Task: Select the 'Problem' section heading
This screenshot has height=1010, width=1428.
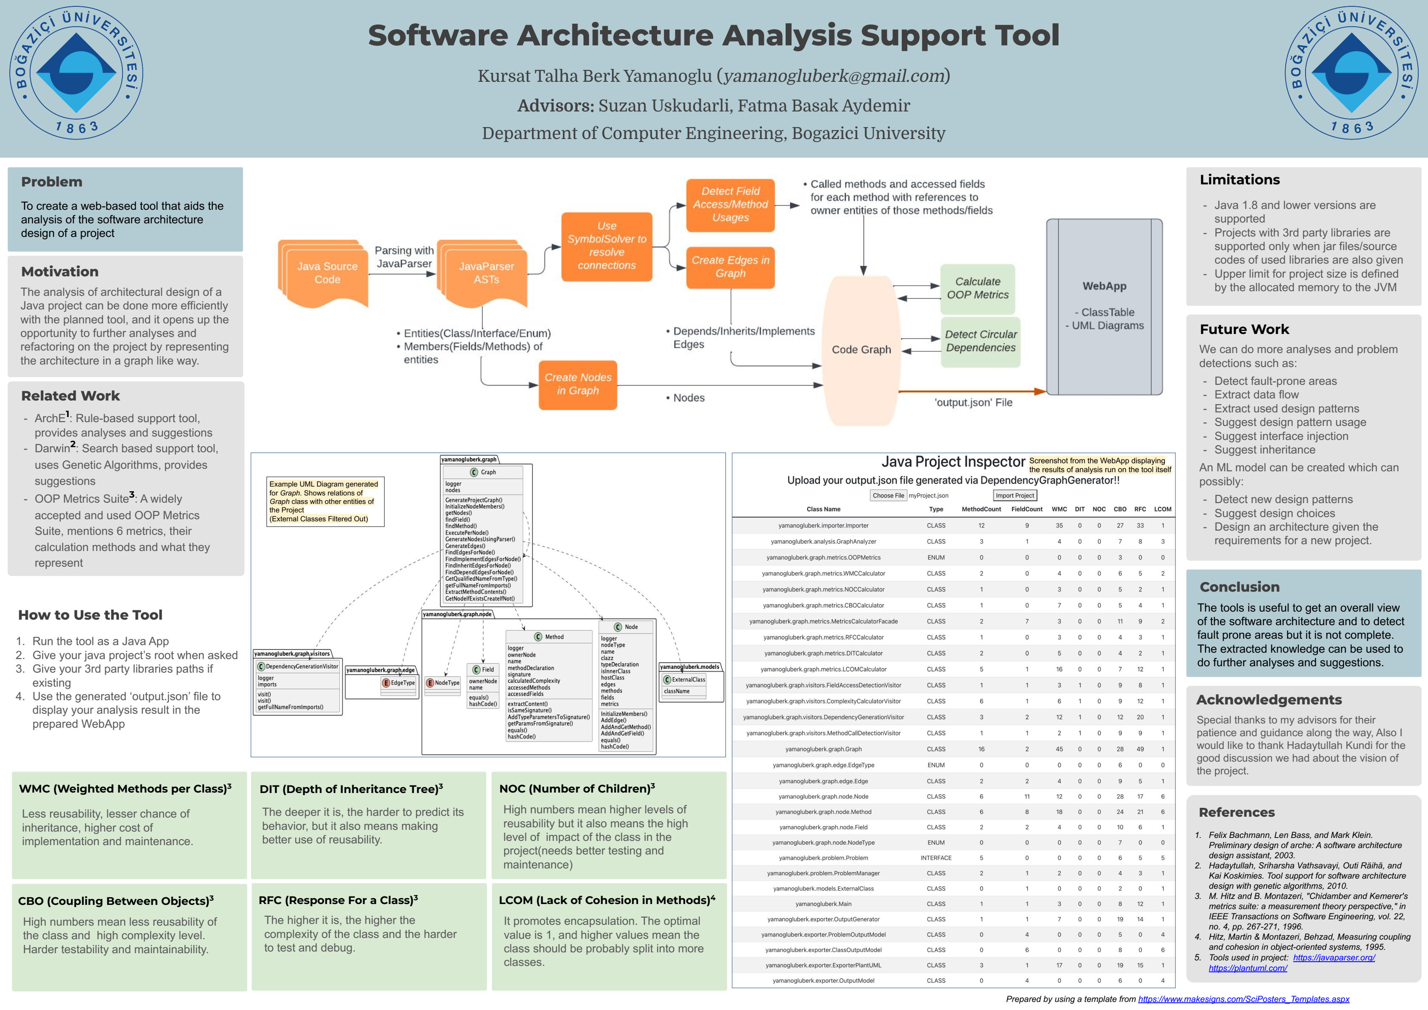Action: [52, 181]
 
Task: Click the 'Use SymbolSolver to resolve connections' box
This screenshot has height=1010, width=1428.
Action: [606, 246]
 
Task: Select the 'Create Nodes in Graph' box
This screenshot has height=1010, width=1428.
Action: [578, 384]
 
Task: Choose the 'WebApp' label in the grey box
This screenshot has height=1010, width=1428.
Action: [1104, 286]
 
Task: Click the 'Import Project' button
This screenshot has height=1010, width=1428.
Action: [1014, 495]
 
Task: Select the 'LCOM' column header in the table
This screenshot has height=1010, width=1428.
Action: [1162, 509]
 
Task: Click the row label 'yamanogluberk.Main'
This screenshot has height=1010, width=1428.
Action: [823, 904]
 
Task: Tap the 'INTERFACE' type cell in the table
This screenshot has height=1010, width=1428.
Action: [936, 857]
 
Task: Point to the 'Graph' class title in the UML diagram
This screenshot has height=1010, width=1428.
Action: [488, 472]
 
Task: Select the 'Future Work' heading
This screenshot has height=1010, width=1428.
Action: [1244, 330]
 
